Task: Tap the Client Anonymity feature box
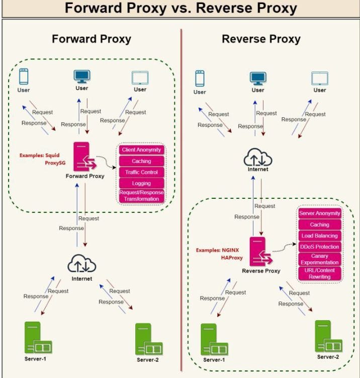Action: coord(141,150)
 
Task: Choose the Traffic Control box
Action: coord(141,173)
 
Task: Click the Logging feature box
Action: coord(141,184)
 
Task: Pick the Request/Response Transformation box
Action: coord(141,196)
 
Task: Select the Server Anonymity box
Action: coord(320,213)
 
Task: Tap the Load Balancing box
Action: coord(320,236)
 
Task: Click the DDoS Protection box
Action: coord(320,247)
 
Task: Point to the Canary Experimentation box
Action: coord(320,259)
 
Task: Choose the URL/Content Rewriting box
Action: coord(320,274)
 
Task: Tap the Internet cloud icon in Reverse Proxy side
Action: coord(257,157)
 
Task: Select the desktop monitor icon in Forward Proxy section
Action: coord(81,77)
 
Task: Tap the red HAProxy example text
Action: coord(232,258)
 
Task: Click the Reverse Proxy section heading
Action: coord(261,39)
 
